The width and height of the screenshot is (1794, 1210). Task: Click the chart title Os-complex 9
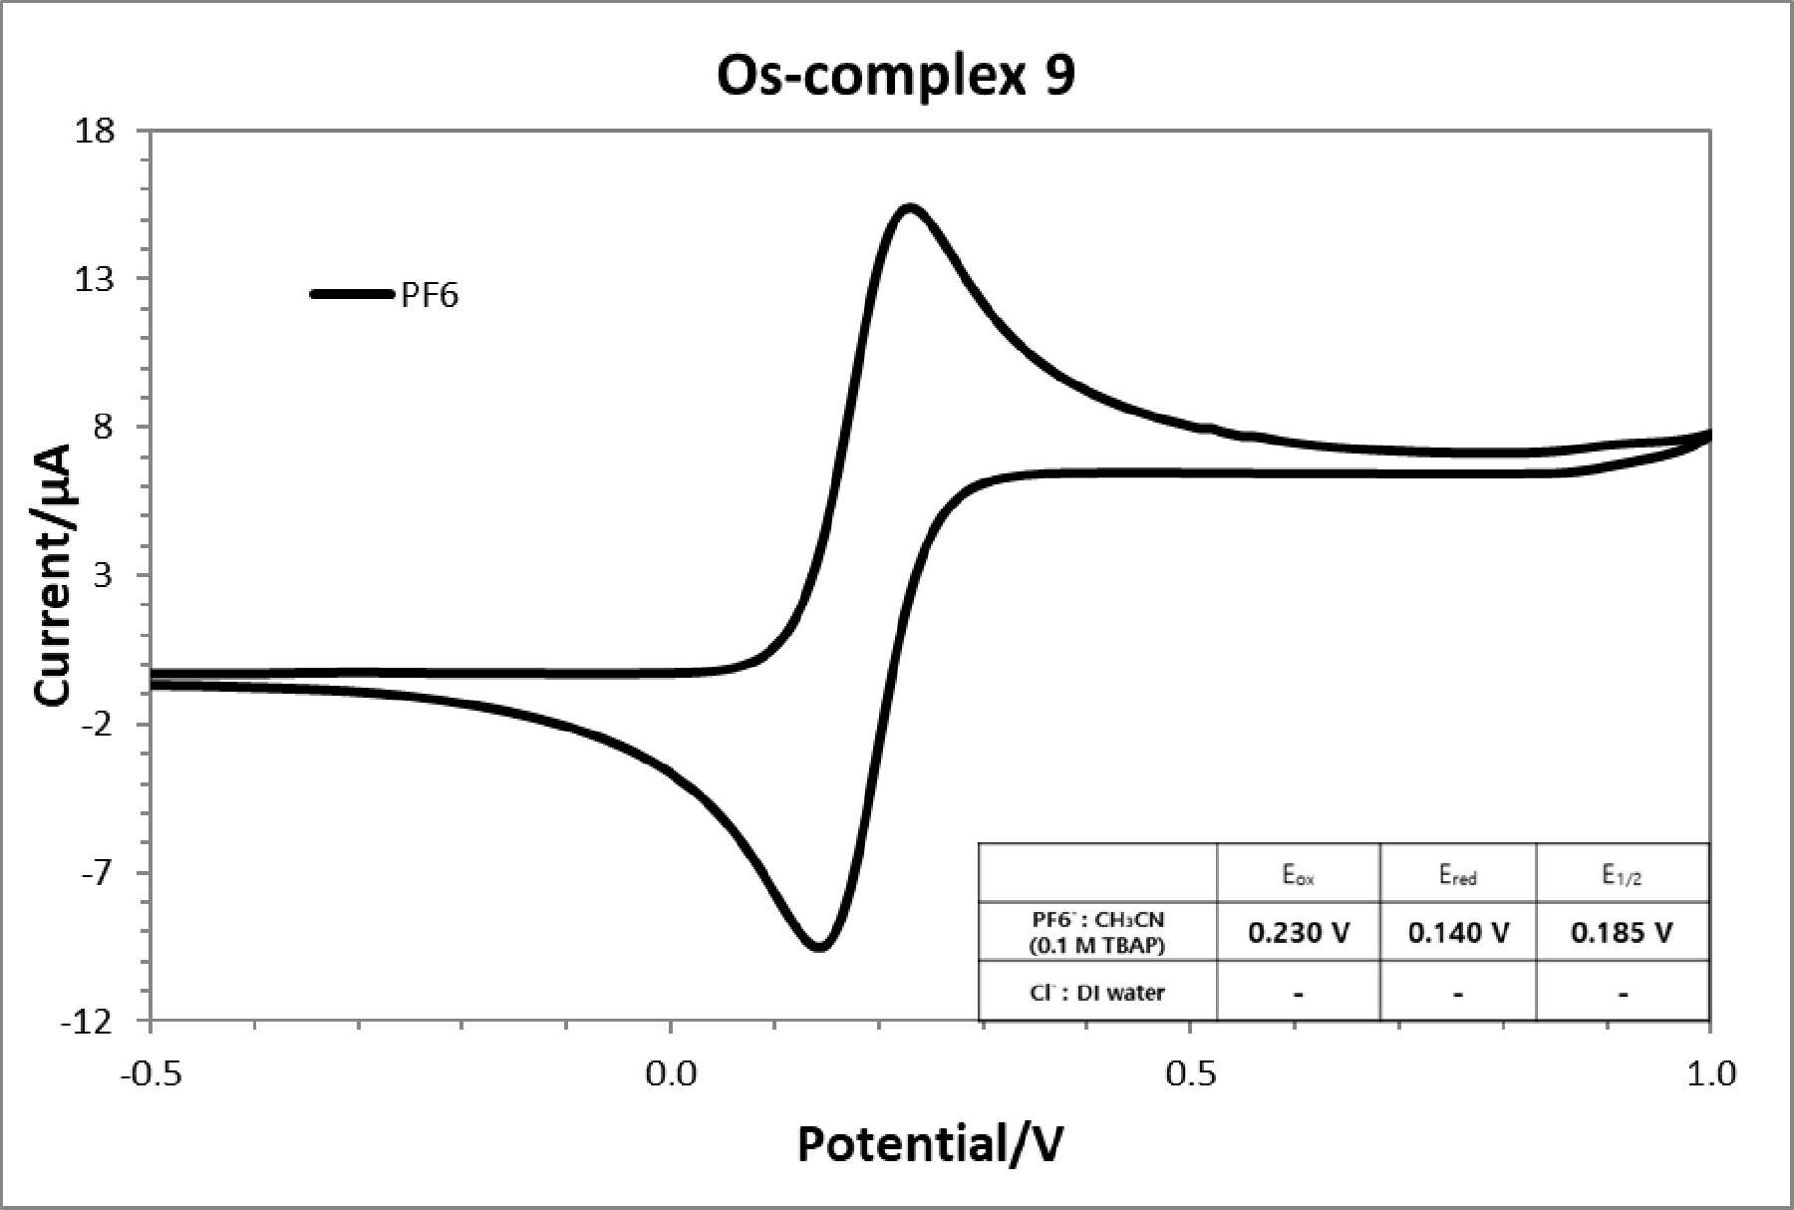[x=896, y=77]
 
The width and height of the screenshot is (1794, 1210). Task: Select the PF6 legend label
[x=430, y=296]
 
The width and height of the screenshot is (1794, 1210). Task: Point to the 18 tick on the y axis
[x=95, y=131]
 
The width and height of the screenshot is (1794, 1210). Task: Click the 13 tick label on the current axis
[x=95, y=279]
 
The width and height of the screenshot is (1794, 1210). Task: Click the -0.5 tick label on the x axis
[x=150, y=1073]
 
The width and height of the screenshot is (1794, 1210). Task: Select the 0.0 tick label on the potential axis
[x=671, y=1073]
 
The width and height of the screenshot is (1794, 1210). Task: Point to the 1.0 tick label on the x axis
[x=1710, y=1073]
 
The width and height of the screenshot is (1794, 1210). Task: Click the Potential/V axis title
[x=930, y=1144]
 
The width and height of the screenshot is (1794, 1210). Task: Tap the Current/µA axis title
[x=55, y=575]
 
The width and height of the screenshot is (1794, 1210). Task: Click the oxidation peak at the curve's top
[x=909, y=208]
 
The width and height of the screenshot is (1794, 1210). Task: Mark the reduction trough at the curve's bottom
[x=819, y=944]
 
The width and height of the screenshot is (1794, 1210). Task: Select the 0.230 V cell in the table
[x=1299, y=933]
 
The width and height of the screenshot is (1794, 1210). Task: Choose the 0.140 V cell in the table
[x=1458, y=933]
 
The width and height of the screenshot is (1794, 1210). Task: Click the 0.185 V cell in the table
[x=1623, y=933]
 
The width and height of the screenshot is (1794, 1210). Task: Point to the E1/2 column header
[x=1623, y=875]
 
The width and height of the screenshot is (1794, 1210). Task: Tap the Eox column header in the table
[x=1298, y=876]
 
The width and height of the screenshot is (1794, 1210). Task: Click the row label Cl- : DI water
[x=1096, y=993]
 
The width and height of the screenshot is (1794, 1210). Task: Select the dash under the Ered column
[x=1458, y=994]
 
